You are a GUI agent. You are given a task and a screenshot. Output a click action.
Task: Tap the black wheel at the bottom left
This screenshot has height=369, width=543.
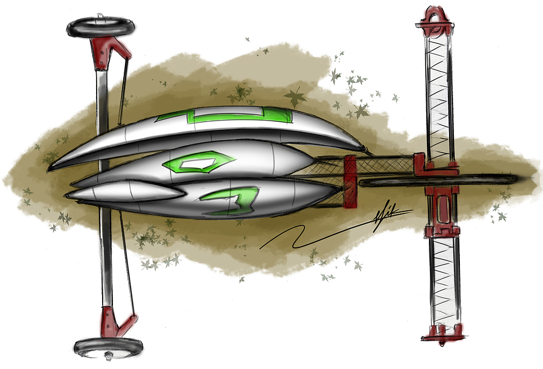(108, 345)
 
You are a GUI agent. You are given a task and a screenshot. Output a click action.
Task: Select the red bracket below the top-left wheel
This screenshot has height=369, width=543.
(109, 52)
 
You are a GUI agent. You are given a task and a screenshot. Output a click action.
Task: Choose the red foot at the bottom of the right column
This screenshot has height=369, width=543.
(441, 333)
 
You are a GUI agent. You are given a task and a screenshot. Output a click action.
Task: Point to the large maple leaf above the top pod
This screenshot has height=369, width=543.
(295, 98)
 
